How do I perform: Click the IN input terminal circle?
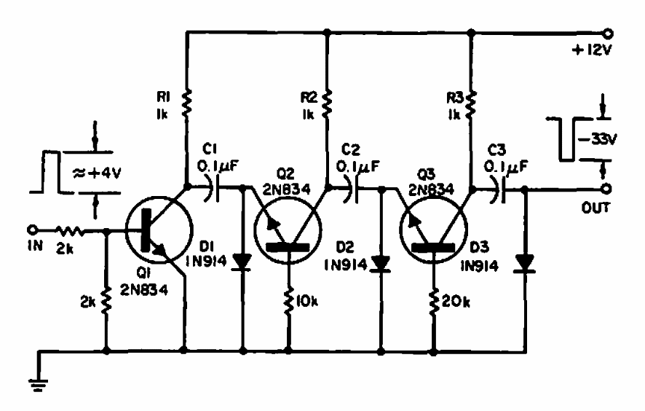point(33,230)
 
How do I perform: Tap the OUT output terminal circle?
point(606,189)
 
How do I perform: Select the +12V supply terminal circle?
point(608,34)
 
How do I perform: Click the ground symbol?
point(39,384)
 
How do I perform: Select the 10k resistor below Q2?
point(289,302)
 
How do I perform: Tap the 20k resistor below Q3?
point(434,302)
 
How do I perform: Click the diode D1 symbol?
point(242,262)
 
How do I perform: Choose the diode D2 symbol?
point(381,264)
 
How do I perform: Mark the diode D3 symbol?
point(525,264)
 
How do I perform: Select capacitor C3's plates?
point(499,190)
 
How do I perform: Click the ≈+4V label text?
point(97,173)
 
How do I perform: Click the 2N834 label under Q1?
point(144,290)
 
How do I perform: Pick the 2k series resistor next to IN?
point(70,232)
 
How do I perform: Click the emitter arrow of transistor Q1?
point(159,249)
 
